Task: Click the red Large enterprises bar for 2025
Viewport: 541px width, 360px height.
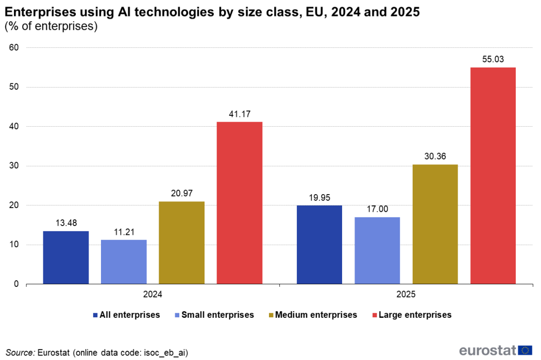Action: click(493, 176)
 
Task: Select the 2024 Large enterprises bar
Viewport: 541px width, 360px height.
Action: click(240, 203)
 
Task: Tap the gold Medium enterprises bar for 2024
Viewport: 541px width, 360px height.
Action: click(181, 243)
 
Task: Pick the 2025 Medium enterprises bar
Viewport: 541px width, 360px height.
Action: click(435, 224)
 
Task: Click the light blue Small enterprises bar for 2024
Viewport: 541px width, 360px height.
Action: click(124, 262)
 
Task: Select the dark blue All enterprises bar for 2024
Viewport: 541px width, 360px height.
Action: click(66, 258)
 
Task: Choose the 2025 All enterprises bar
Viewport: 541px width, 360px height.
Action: click(319, 245)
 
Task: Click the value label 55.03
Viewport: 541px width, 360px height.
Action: click(493, 59)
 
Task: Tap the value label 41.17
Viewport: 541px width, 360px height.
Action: click(240, 114)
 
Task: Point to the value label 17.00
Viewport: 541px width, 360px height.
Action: click(378, 209)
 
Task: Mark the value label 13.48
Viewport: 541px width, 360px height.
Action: click(66, 223)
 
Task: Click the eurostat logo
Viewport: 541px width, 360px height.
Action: click(495, 351)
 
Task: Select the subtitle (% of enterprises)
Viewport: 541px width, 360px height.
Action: click(51, 27)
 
